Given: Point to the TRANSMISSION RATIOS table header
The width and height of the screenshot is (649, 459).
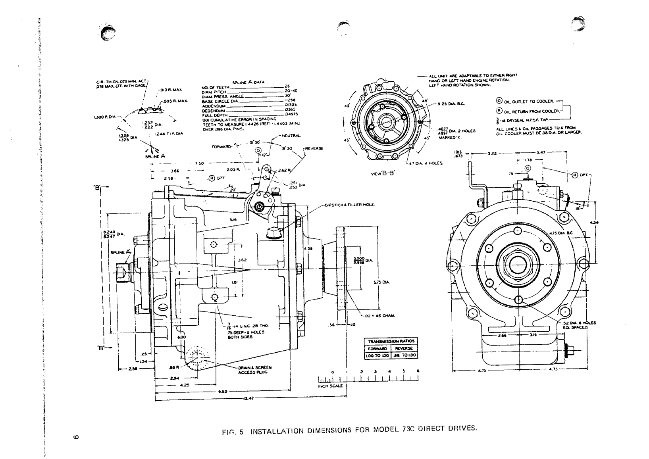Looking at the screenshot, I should (391, 341).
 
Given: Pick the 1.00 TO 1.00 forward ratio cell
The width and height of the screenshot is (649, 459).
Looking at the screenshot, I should (377, 355).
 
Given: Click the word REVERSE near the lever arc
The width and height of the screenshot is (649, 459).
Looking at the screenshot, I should (314, 148).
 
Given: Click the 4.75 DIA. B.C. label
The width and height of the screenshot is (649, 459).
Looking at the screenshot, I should (560, 233).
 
